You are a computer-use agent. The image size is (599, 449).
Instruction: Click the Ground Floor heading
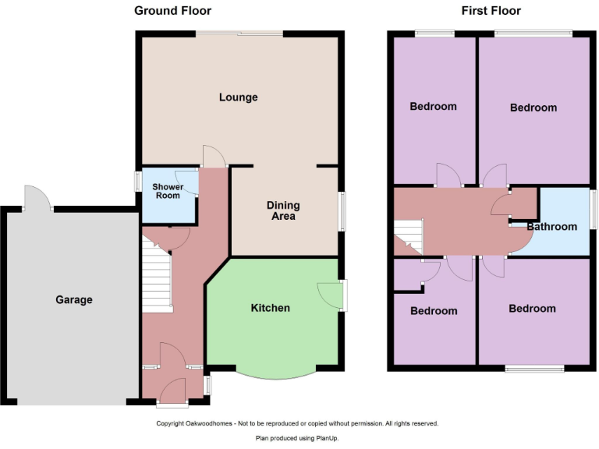172,10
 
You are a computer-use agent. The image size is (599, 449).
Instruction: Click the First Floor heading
491,10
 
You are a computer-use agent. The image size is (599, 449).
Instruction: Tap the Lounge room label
238,97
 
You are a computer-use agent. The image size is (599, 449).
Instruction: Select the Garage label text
73,299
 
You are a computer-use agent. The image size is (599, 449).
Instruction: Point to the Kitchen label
270,308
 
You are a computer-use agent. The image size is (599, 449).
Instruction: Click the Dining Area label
283,210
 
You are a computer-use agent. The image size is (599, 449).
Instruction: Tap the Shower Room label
167,191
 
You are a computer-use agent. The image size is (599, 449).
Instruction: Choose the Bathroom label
551,227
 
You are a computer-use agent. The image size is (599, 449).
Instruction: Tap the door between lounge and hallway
214,157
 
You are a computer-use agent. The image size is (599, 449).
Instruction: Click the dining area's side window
342,210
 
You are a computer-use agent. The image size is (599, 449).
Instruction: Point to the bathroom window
592,209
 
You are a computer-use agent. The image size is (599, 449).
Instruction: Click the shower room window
136,181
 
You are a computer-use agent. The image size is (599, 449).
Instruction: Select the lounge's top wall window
239,34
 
